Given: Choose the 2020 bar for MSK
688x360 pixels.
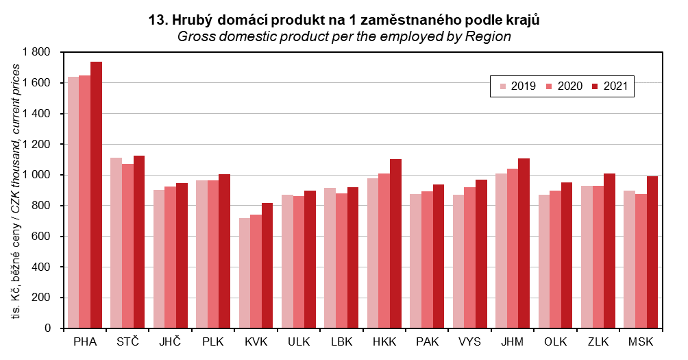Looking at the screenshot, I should (641, 261).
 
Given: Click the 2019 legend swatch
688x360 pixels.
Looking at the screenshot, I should (502, 86).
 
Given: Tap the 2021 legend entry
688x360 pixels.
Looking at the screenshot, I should (609, 86).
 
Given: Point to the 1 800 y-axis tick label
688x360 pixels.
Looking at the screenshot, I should (36, 52).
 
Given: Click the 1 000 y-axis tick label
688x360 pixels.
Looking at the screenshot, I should (36, 175).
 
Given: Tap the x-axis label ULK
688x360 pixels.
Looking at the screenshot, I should (298, 341).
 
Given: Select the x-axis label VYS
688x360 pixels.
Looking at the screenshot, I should (469, 341).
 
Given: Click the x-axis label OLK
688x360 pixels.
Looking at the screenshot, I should (555, 341).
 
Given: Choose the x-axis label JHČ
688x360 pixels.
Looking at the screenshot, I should (170, 341).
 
